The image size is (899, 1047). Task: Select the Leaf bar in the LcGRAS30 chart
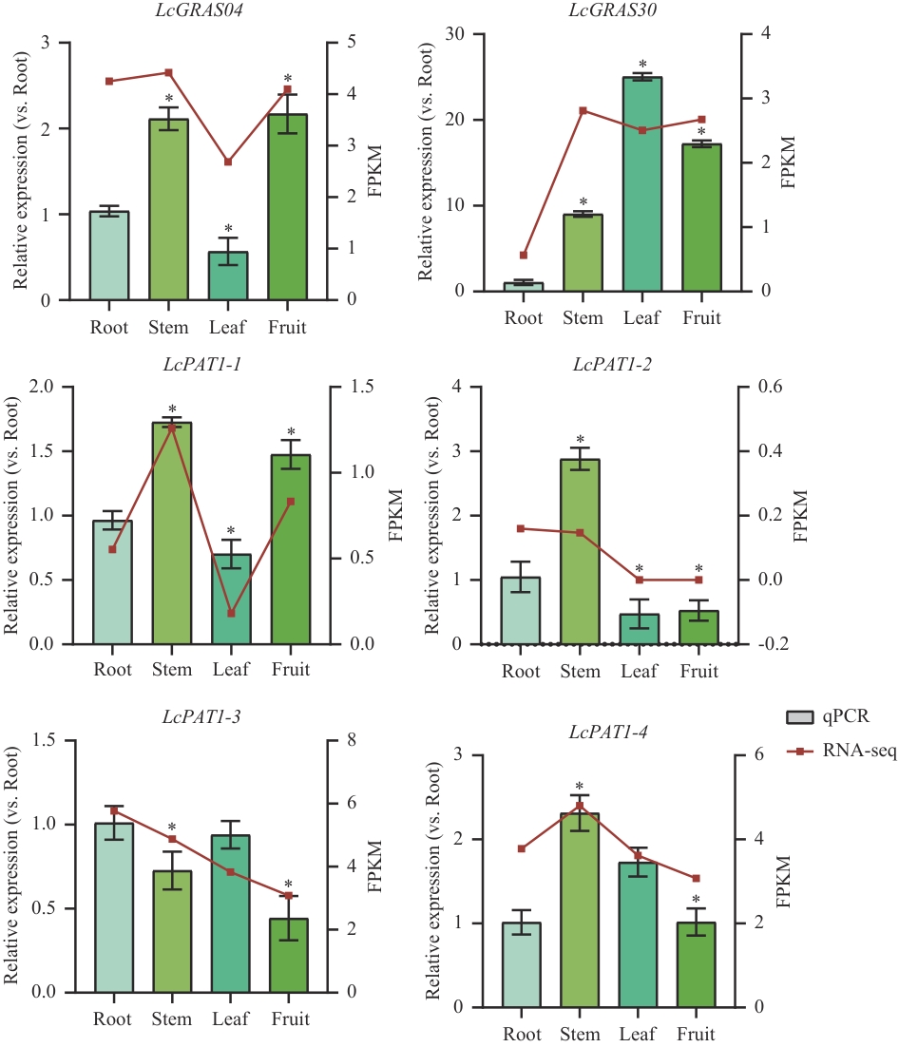pos(642,184)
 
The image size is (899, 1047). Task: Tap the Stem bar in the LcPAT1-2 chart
pos(580,551)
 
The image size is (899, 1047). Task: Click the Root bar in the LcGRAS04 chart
pos(109,256)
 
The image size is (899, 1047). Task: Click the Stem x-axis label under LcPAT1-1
pos(171,670)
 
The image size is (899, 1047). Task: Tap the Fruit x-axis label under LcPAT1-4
pos(699,1034)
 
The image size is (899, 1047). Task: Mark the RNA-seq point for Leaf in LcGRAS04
pos(228,162)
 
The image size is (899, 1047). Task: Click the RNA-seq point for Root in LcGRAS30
pos(524,256)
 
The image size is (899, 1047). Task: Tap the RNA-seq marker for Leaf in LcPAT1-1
pos(230,614)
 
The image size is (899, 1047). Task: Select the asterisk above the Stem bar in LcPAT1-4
pos(579,786)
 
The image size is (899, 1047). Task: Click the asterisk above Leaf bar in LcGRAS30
pos(642,65)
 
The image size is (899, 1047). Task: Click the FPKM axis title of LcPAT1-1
pos(396,515)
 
